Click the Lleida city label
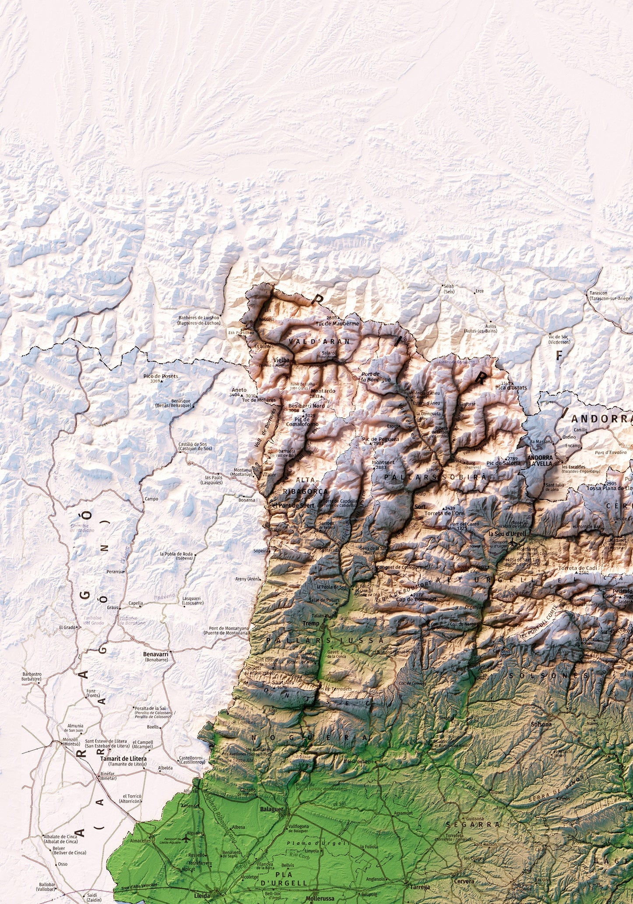click(202, 895)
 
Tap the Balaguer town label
click(272, 809)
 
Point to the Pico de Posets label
click(161, 376)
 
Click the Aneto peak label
click(239, 390)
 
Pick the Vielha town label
click(281, 360)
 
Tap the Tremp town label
click(311, 623)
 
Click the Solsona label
click(541, 724)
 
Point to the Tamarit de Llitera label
click(124, 758)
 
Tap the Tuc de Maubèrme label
click(337, 323)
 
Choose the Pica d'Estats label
click(511, 387)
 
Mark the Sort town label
click(420, 506)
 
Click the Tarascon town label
click(598, 293)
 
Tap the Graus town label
click(113, 607)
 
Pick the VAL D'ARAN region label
click(319, 341)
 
